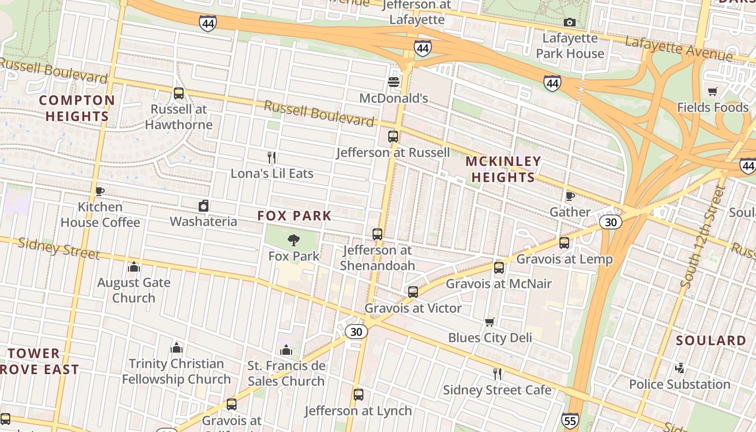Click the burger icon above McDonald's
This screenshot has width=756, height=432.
pyautogui.click(x=394, y=82)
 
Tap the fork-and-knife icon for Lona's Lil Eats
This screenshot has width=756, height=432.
pyautogui.click(x=272, y=158)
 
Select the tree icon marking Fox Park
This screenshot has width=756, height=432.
pyautogui.click(x=294, y=240)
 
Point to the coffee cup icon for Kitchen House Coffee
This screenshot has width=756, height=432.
pyautogui.click(x=99, y=191)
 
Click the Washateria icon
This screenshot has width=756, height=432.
pyautogui.click(x=204, y=206)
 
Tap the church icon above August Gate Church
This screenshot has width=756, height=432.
pyautogui.click(x=134, y=267)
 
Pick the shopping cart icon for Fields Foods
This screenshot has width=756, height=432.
pyautogui.click(x=713, y=92)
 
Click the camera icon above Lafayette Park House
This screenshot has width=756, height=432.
pyautogui.click(x=569, y=22)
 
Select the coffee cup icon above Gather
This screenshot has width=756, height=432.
pyautogui.click(x=570, y=196)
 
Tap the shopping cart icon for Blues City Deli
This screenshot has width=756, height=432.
pyautogui.click(x=490, y=322)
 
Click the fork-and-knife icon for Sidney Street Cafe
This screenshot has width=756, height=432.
pyautogui.click(x=497, y=374)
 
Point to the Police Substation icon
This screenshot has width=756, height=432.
pyautogui.click(x=679, y=368)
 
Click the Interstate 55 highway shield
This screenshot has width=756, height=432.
pyautogui.click(x=570, y=420)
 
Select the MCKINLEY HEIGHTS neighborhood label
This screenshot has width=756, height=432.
pyautogui.click(x=503, y=169)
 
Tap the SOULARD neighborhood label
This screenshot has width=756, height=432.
pyautogui.click(x=711, y=341)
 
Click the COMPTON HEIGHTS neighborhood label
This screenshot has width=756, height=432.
pyautogui.click(x=77, y=108)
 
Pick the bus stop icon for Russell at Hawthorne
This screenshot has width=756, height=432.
pyautogui.click(x=179, y=93)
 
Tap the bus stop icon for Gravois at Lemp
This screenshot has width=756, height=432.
pyautogui.click(x=564, y=243)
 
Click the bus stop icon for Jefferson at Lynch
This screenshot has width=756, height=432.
pyautogui.click(x=358, y=394)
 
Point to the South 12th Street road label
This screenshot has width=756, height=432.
pyautogui.click(x=703, y=236)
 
